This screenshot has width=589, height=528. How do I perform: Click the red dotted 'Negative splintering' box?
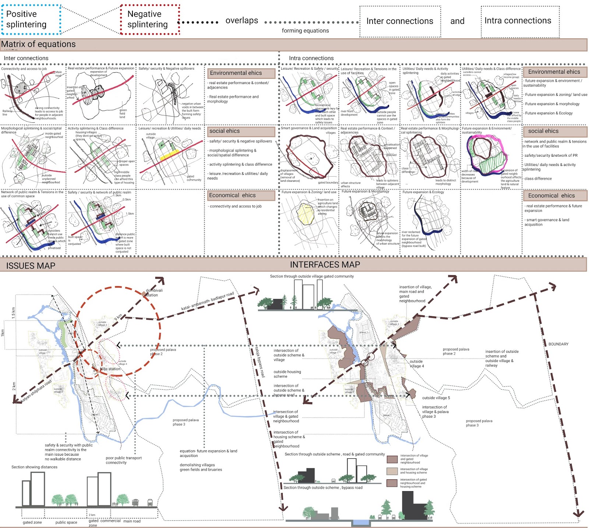(150, 20)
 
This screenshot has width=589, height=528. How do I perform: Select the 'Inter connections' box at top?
(400, 21)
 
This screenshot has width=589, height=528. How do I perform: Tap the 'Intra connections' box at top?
(520, 21)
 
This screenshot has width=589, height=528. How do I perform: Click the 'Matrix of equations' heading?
(38, 44)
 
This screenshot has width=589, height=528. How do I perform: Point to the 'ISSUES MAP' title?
(31, 265)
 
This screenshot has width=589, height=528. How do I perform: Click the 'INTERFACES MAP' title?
(325, 265)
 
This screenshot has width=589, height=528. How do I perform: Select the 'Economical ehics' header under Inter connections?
(241, 195)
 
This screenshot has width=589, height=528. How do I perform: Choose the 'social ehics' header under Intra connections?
(555, 131)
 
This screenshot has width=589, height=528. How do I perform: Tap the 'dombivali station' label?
(154, 293)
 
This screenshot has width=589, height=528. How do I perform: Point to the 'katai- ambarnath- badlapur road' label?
(207, 301)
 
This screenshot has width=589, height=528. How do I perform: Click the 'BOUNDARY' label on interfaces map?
(558, 344)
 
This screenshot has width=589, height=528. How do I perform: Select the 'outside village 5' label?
(436, 398)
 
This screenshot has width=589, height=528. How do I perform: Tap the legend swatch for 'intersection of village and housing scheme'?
(392, 471)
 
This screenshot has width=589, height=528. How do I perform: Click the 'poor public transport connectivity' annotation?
(123, 460)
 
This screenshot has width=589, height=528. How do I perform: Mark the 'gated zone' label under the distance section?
(32, 522)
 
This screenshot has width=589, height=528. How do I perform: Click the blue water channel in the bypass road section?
(360, 522)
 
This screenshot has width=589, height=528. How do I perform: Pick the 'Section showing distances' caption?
(34, 467)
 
